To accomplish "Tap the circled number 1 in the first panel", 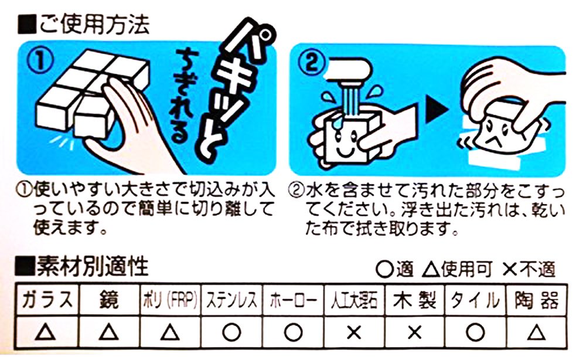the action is tap(40, 62).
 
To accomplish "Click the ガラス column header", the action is tap(46, 300).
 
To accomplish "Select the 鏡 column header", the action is tap(108, 300).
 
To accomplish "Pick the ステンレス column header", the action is tap(231, 300).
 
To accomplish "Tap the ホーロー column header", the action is tap(294, 300).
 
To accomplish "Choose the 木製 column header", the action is tap(415, 300).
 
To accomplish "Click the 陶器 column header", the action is tap(536, 300).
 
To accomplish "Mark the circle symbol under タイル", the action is tap(475, 332).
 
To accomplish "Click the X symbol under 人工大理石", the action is tap(353, 332).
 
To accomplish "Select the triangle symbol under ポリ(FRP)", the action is tap(170, 332).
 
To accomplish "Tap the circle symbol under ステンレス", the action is tap(231, 332).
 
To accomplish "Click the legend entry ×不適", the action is tap(529, 269).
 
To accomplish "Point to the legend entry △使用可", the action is tap(456, 269).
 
